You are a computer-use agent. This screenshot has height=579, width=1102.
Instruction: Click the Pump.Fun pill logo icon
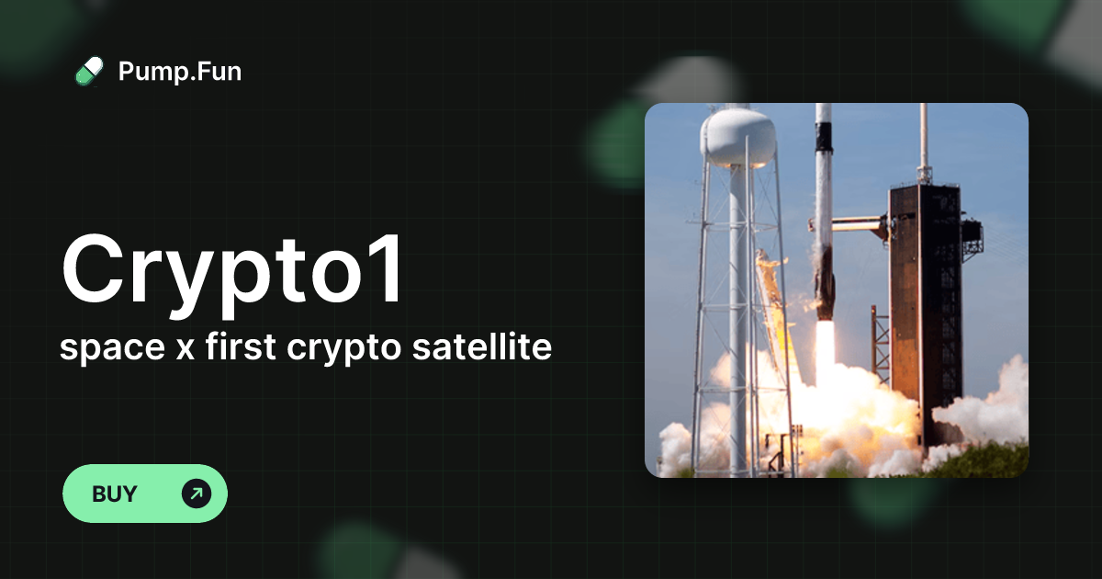tap(89, 71)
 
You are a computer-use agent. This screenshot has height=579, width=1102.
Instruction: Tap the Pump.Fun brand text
tap(180, 71)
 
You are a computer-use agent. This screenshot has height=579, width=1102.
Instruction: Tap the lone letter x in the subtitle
tap(167, 350)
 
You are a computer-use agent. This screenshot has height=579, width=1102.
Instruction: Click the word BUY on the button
tap(115, 494)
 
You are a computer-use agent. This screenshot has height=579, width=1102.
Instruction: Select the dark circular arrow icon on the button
tap(196, 494)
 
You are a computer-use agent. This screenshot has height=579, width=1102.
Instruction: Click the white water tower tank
tap(737, 136)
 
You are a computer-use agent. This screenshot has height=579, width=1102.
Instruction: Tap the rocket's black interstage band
tap(824, 137)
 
